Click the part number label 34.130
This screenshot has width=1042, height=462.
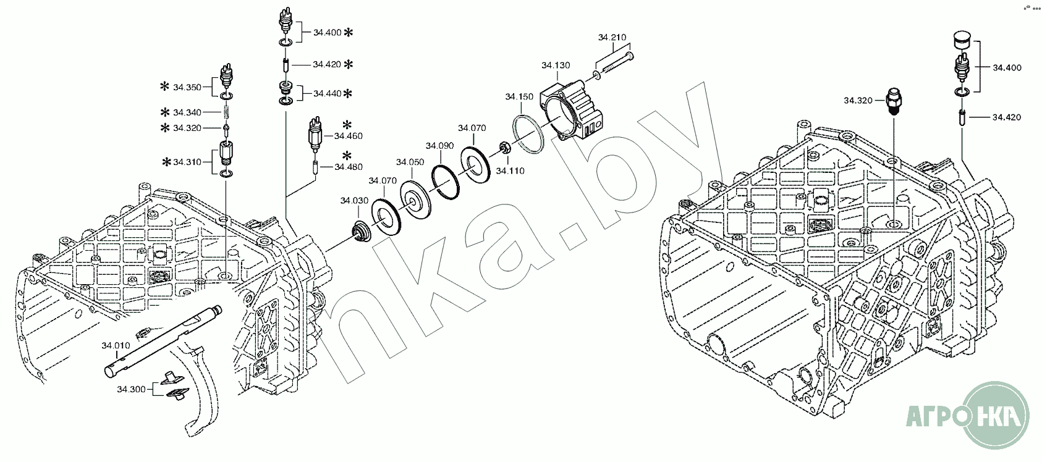click(x=556, y=65)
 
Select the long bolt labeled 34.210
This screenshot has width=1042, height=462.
click(x=615, y=65)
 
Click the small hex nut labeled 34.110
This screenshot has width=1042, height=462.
click(x=504, y=148)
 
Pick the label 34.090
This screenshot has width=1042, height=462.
click(x=439, y=146)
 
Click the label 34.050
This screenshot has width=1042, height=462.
click(x=410, y=162)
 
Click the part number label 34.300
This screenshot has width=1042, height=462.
click(x=131, y=389)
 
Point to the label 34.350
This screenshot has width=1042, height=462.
click(x=187, y=88)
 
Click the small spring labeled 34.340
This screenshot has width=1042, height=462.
click(x=227, y=112)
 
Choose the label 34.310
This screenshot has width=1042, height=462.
click(x=187, y=162)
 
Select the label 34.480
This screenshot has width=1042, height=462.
click(x=349, y=166)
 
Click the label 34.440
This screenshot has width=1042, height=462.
click(x=327, y=94)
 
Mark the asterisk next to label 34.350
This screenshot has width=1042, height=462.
click(x=164, y=87)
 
